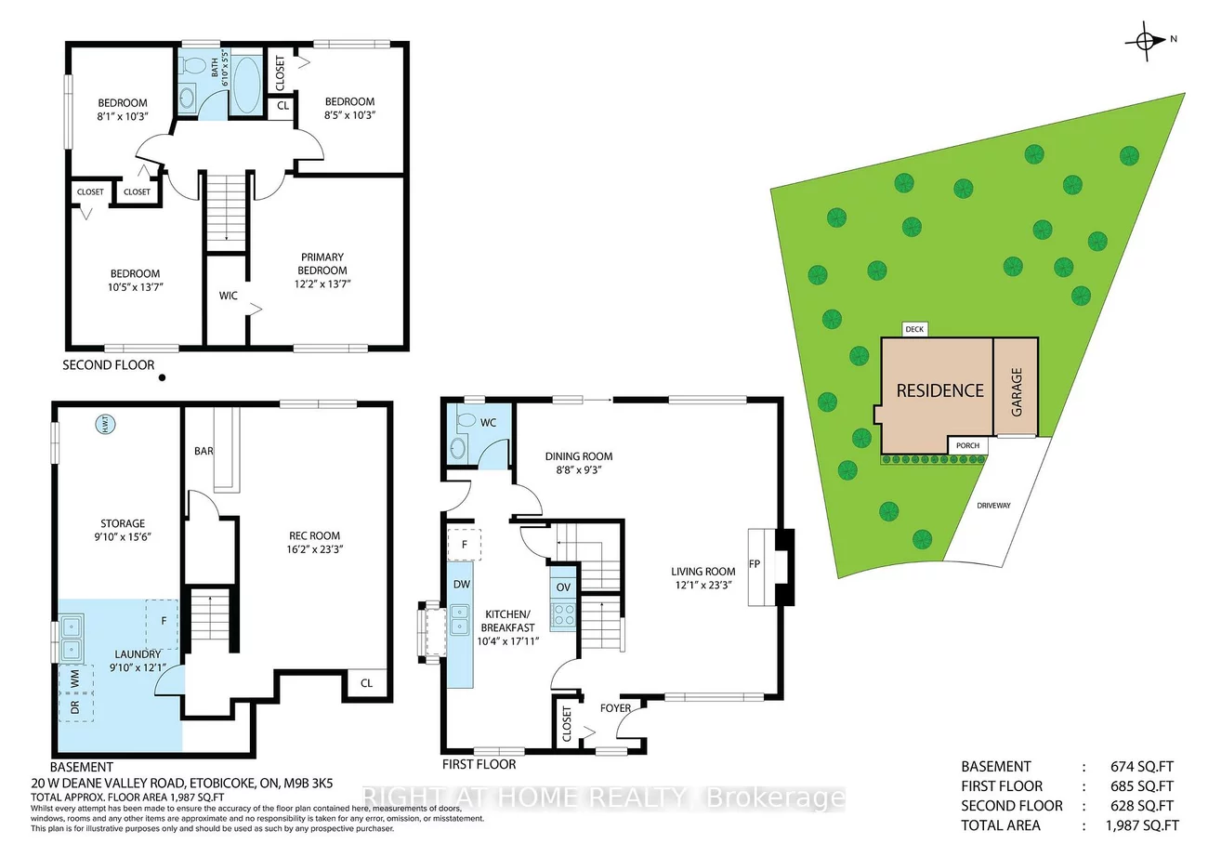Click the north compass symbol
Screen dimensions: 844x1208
pos(1148,40)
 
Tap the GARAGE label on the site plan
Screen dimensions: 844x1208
pos(1016,390)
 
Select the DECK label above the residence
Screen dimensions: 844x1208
pos(913,329)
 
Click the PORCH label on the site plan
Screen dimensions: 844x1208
pos(967,445)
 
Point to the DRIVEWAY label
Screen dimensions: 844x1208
pos(993,506)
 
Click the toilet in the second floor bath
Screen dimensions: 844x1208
pos(194,67)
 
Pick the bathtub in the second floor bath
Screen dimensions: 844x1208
pos(247,85)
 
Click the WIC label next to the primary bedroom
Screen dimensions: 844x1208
pos(229,296)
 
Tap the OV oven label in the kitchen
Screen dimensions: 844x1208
pos(563,587)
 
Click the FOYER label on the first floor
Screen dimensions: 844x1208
pos(615,708)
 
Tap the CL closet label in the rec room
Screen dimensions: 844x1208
pos(366,683)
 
